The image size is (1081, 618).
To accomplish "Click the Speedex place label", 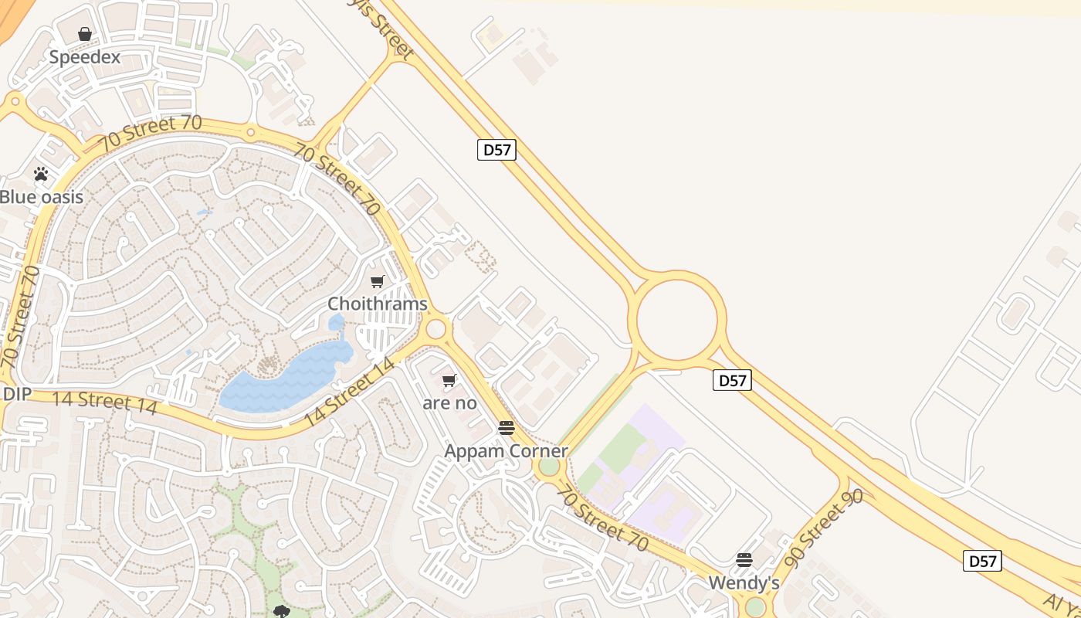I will pyautogui.click(x=85, y=57).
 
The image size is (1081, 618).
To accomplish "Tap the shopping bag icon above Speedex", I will pyautogui.click(x=85, y=34).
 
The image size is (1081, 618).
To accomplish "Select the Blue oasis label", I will pyautogui.click(x=41, y=197).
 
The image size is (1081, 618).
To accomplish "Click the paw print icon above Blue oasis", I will pyautogui.click(x=41, y=175).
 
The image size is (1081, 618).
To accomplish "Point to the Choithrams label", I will pyautogui.click(x=378, y=304).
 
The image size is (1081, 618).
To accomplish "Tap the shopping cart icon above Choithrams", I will pyautogui.click(x=378, y=282).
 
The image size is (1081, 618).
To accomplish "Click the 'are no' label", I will pyautogui.click(x=449, y=402).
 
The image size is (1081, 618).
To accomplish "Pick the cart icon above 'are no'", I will pyautogui.click(x=449, y=380).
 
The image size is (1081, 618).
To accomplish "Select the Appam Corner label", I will pyautogui.click(x=506, y=450).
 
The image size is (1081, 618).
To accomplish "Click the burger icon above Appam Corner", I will pyautogui.click(x=507, y=428).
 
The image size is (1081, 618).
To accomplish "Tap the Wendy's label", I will pyautogui.click(x=744, y=582).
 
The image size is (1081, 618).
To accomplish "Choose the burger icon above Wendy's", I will pyautogui.click(x=744, y=559).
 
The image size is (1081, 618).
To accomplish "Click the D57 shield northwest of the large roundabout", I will pyautogui.click(x=496, y=150).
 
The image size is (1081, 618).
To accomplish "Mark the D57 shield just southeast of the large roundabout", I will pyautogui.click(x=732, y=380).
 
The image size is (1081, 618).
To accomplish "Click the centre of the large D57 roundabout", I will pyautogui.click(x=677, y=318).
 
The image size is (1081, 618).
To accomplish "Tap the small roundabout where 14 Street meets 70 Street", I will pyautogui.click(x=436, y=329).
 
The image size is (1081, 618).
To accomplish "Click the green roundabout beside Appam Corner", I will pyautogui.click(x=549, y=467).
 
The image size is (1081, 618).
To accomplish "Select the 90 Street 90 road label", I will pyautogui.click(x=823, y=528).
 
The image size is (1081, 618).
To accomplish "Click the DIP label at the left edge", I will pyautogui.click(x=16, y=394).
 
